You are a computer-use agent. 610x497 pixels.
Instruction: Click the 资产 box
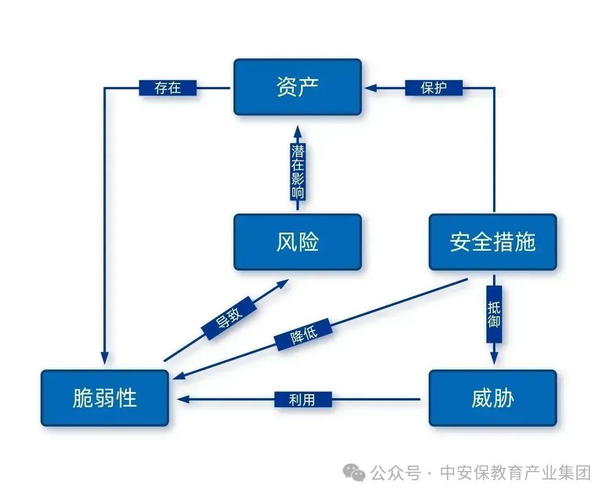tap(298, 87)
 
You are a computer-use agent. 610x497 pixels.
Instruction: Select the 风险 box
tap(298, 242)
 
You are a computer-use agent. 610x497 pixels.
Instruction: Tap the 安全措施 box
tap(493, 242)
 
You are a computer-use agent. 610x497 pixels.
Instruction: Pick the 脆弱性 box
tap(105, 398)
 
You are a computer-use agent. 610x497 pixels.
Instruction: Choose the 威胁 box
tap(493, 398)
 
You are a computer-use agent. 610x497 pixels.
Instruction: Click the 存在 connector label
tap(168, 88)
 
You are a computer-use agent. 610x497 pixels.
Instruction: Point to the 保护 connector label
tap(434, 88)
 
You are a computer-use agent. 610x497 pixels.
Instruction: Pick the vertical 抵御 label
tap(494, 315)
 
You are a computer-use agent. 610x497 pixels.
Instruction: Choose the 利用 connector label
tap(302, 399)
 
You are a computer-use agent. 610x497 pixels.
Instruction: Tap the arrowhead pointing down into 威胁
tap(494, 358)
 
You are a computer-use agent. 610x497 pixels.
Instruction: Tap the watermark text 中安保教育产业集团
tap(515, 473)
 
